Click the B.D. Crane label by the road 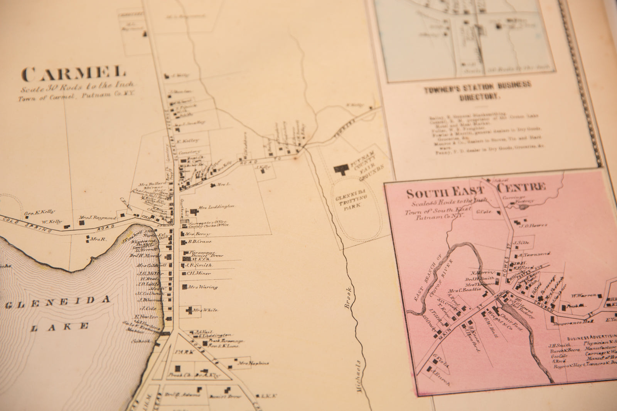click(x=199, y=242)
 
